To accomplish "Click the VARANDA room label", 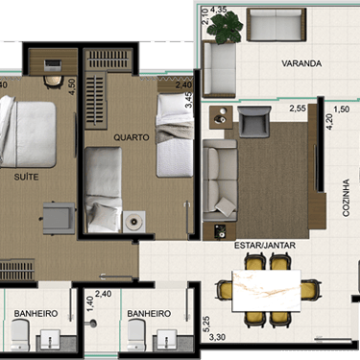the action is [x=301, y=63].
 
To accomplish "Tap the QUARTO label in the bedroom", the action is [x=132, y=137].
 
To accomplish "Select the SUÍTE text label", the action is [x=26, y=177].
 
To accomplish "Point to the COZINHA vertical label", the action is [x=346, y=198].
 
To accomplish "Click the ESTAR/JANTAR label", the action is [x=265, y=246].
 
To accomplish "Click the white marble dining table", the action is [x=266, y=291].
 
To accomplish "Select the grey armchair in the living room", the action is [x=254, y=122].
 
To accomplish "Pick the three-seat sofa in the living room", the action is [x=220, y=180].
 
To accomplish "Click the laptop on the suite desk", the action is [x=53, y=65].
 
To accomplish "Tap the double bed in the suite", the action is [x=27, y=132].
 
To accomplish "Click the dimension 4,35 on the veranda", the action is [x=219, y=10].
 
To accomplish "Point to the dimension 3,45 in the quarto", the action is [x=190, y=100].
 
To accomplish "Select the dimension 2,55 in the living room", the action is [x=298, y=108].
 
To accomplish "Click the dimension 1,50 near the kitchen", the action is [x=341, y=109].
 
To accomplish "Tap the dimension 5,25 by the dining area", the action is [x=206, y=324].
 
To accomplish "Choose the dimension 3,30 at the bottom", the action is [x=217, y=337].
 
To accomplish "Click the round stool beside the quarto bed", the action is [x=133, y=221].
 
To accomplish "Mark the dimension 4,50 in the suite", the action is [x=72, y=86].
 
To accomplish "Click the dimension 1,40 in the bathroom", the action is [x=90, y=304].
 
